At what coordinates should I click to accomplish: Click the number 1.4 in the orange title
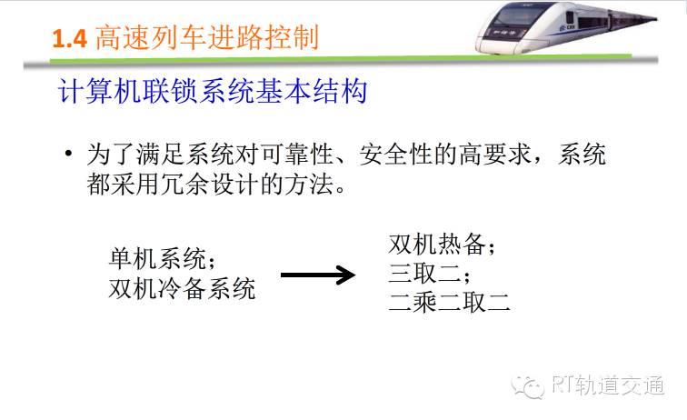(x=70, y=38)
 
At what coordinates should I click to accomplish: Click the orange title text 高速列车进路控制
(x=206, y=37)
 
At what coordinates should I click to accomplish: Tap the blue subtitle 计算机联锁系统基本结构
(x=213, y=91)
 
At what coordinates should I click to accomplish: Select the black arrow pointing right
(x=318, y=275)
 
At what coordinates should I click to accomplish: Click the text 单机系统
(x=157, y=259)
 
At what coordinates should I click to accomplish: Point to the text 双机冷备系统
(x=182, y=289)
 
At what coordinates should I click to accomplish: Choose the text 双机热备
(x=437, y=244)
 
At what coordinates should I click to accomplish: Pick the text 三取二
(x=424, y=274)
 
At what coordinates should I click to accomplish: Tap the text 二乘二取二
(x=449, y=303)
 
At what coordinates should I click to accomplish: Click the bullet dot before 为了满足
(x=68, y=154)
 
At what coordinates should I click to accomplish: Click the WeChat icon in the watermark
(x=527, y=386)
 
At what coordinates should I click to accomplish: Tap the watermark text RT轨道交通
(x=608, y=385)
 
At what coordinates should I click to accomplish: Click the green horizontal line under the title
(x=341, y=58)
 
